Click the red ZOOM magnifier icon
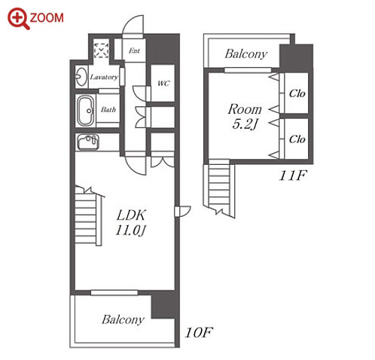pos(18,18)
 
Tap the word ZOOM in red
pos(47,18)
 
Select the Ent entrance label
pos(134,50)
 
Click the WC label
pos(163,83)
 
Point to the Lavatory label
pos(104,77)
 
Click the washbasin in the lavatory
pos(81,77)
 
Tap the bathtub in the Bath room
pos(86,111)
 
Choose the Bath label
pos(108,109)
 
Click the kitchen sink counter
pos(88,142)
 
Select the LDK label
pos(131,215)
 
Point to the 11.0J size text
pos(130,230)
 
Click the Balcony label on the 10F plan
pos(123,319)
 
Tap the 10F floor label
pos(199,332)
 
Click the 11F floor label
pos(293,175)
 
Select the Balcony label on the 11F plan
pos(246,53)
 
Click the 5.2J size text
pos(245,124)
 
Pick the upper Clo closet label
pos(297,93)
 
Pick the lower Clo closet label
pos(297,139)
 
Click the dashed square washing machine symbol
pos(101,50)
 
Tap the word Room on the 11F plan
pos(245,109)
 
